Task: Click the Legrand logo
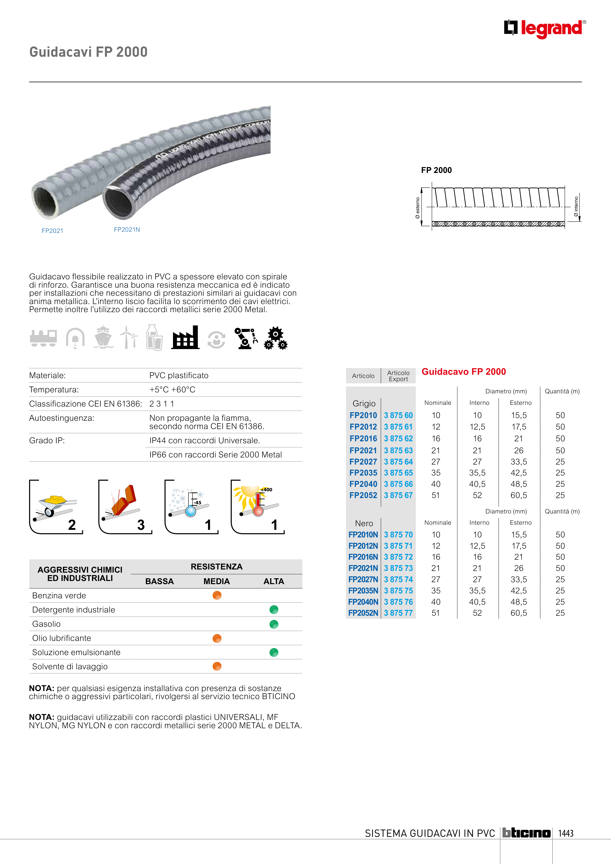(x=544, y=29)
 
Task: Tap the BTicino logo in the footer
(x=526, y=833)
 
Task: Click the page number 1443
(x=565, y=833)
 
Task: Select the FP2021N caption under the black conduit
(x=127, y=229)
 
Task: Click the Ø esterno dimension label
(x=417, y=208)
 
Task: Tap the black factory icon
(x=185, y=338)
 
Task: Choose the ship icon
(x=103, y=338)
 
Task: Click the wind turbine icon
(x=128, y=338)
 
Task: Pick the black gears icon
(x=276, y=338)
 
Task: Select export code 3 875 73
(x=398, y=568)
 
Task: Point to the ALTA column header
(x=274, y=581)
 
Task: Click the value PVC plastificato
(x=179, y=375)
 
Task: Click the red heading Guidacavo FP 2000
(x=463, y=372)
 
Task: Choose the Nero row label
(x=364, y=523)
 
